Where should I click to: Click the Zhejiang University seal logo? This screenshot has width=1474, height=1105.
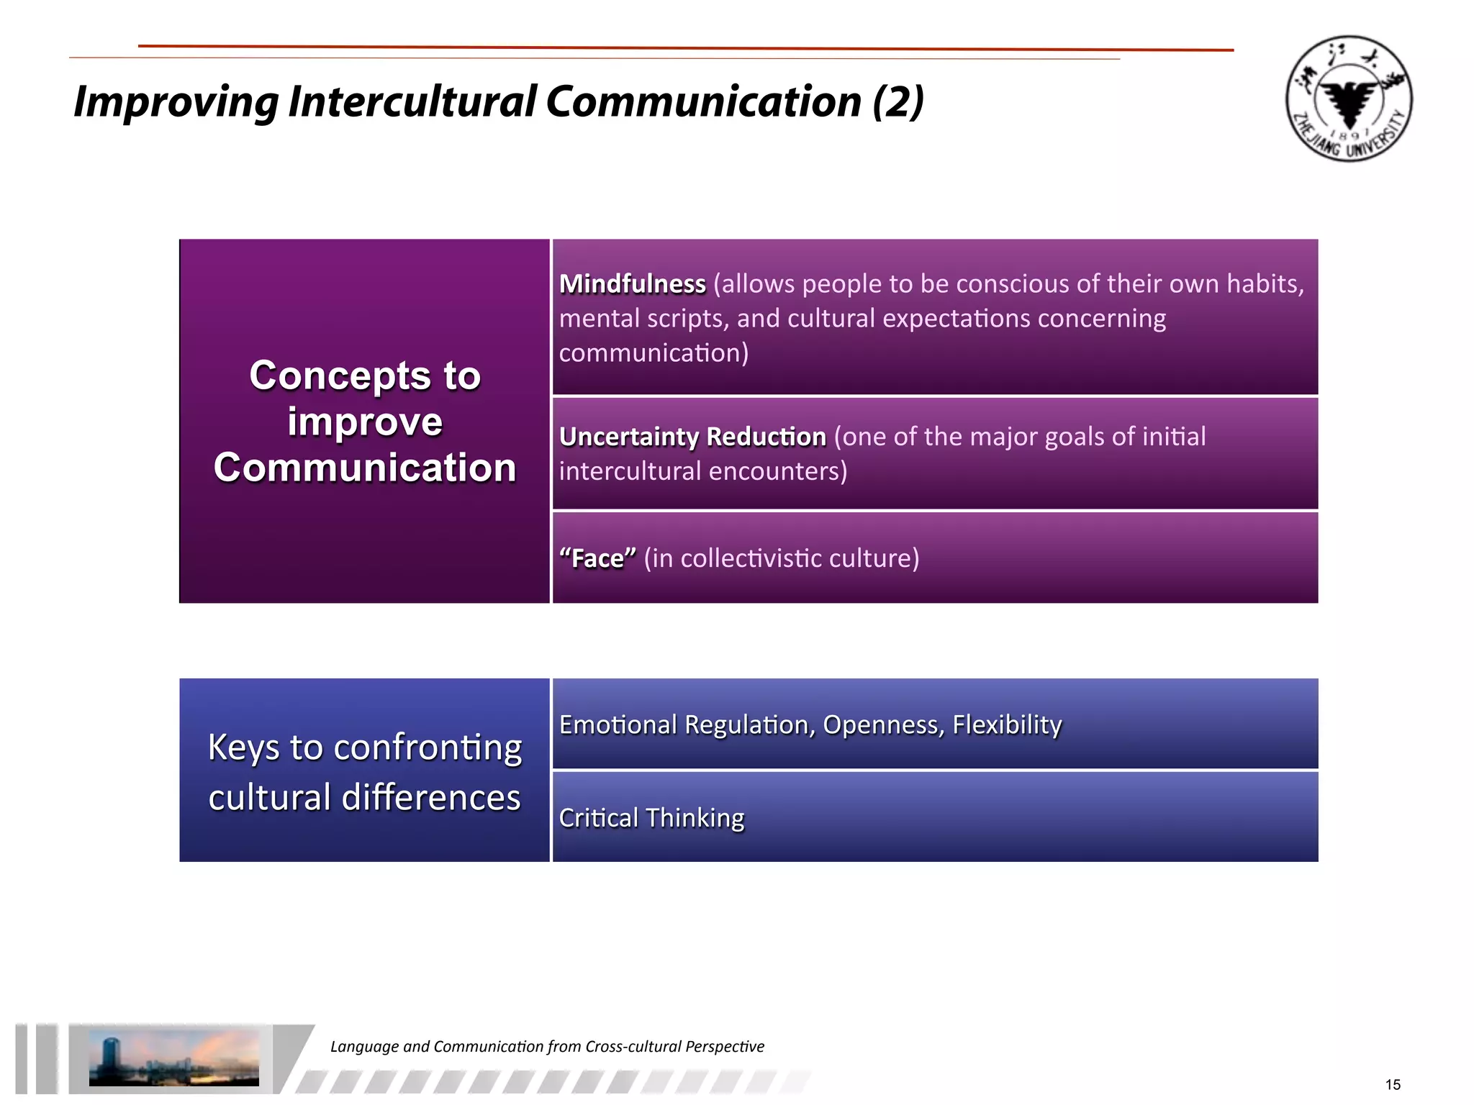pos(1349,99)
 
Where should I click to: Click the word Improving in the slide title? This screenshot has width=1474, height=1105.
pos(176,102)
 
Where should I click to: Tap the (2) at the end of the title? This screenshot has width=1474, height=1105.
pos(897,102)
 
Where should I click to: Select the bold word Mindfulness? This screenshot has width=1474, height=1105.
pos(632,284)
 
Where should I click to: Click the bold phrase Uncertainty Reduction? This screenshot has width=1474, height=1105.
pos(692,437)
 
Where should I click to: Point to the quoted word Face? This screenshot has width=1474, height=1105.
pos(597,559)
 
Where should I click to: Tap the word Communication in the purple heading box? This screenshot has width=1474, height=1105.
pos(365,468)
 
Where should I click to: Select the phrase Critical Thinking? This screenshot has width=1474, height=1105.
pos(651,818)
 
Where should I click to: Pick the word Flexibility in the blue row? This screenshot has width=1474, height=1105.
pos(1007,725)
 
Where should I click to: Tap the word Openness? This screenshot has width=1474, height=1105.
pos(882,725)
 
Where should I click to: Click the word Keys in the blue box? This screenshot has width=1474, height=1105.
pos(243,748)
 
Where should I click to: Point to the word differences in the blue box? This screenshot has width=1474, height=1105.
pos(430,798)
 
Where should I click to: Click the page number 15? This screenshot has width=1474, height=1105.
pos(1392,1085)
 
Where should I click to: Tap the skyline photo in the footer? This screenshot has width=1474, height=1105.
pos(173,1057)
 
